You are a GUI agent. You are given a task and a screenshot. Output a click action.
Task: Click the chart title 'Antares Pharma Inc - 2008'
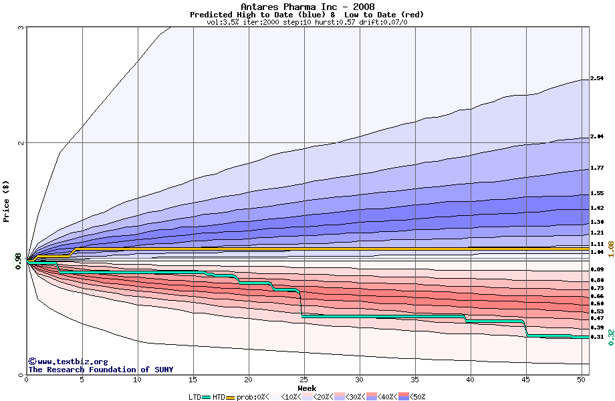(307, 6)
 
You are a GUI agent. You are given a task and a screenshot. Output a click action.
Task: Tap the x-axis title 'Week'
(307, 388)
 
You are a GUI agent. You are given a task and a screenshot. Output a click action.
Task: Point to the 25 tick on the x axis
(304, 380)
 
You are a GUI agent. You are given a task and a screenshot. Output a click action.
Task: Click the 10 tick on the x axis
(138, 380)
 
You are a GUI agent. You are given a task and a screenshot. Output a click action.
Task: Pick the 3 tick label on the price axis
(21, 27)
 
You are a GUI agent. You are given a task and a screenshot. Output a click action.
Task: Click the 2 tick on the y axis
(21, 143)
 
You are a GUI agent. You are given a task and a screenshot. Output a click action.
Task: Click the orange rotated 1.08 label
(610, 250)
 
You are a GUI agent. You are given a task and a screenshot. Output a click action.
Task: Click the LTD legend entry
(195, 396)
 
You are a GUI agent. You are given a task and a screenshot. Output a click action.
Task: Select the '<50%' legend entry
(416, 396)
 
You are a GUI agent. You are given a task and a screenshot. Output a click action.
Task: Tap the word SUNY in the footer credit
(162, 370)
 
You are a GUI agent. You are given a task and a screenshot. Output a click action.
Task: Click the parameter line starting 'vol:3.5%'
(307, 22)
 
